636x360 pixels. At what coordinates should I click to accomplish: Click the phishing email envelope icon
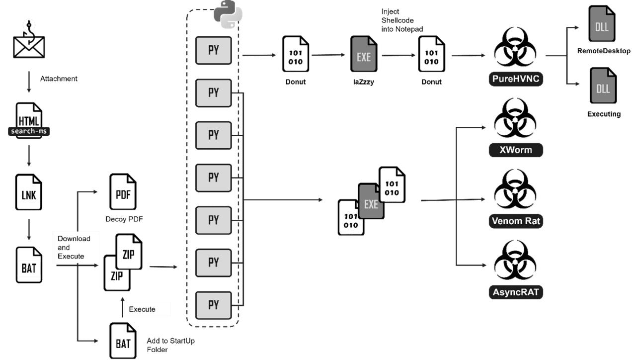[x=29, y=39]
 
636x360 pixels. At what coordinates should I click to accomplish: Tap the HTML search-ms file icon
[x=29, y=120]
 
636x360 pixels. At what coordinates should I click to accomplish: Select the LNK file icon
[x=29, y=192]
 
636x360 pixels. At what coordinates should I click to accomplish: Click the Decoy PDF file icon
[x=123, y=191]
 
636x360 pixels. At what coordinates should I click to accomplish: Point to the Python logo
[x=228, y=14]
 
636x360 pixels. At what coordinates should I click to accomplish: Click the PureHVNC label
[x=516, y=79]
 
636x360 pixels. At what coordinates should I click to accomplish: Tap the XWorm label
[x=516, y=150]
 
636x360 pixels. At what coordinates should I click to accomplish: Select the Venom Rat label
[x=516, y=221]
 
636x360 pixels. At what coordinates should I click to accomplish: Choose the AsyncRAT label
[x=516, y=292]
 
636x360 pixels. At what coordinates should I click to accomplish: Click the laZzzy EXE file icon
[x=364, y=54]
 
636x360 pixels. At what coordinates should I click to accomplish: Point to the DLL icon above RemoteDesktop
[x=602, y=23]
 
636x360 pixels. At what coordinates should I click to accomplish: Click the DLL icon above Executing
[x=603, y=86]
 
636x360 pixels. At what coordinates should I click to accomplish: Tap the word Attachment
[x=59, y=79]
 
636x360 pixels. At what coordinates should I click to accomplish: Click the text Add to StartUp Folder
[x=170, y=345]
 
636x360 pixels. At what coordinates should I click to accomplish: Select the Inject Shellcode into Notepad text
[x=402, y=20]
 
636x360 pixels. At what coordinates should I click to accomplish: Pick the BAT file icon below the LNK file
[x=29, y=265]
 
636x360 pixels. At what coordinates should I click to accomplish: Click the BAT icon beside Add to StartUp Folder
[x=123, y=341]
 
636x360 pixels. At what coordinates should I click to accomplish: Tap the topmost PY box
[x=214, y=50]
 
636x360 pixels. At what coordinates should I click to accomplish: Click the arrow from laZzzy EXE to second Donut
[x=398, y=55]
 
